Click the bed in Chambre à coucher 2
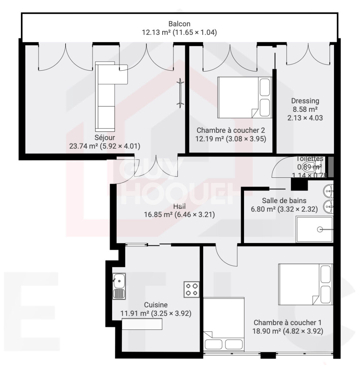tap(244, 97)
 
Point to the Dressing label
tap(305, 101)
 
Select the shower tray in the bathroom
tap(314, 229)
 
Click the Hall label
tap(179, 206)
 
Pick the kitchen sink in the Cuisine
tap(119, 286)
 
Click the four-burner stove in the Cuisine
tap(191, 289)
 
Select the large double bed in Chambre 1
tap(305, 284)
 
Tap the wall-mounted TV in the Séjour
tap(181, 93)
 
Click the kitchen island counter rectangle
tap(142, 324)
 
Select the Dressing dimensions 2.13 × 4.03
tap(305, 118)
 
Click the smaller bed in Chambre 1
tap(224, 324)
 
